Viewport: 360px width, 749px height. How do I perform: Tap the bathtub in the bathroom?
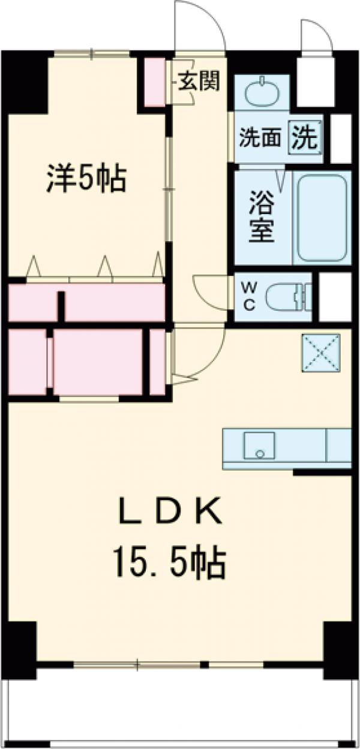pos(323,217)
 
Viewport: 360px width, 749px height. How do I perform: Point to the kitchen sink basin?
pos(259,445)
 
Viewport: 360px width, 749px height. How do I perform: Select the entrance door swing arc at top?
pos(201,27)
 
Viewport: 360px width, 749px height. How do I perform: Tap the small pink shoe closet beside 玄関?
pos(154,82)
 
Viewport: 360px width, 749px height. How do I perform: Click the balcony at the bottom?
pos(180,708)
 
